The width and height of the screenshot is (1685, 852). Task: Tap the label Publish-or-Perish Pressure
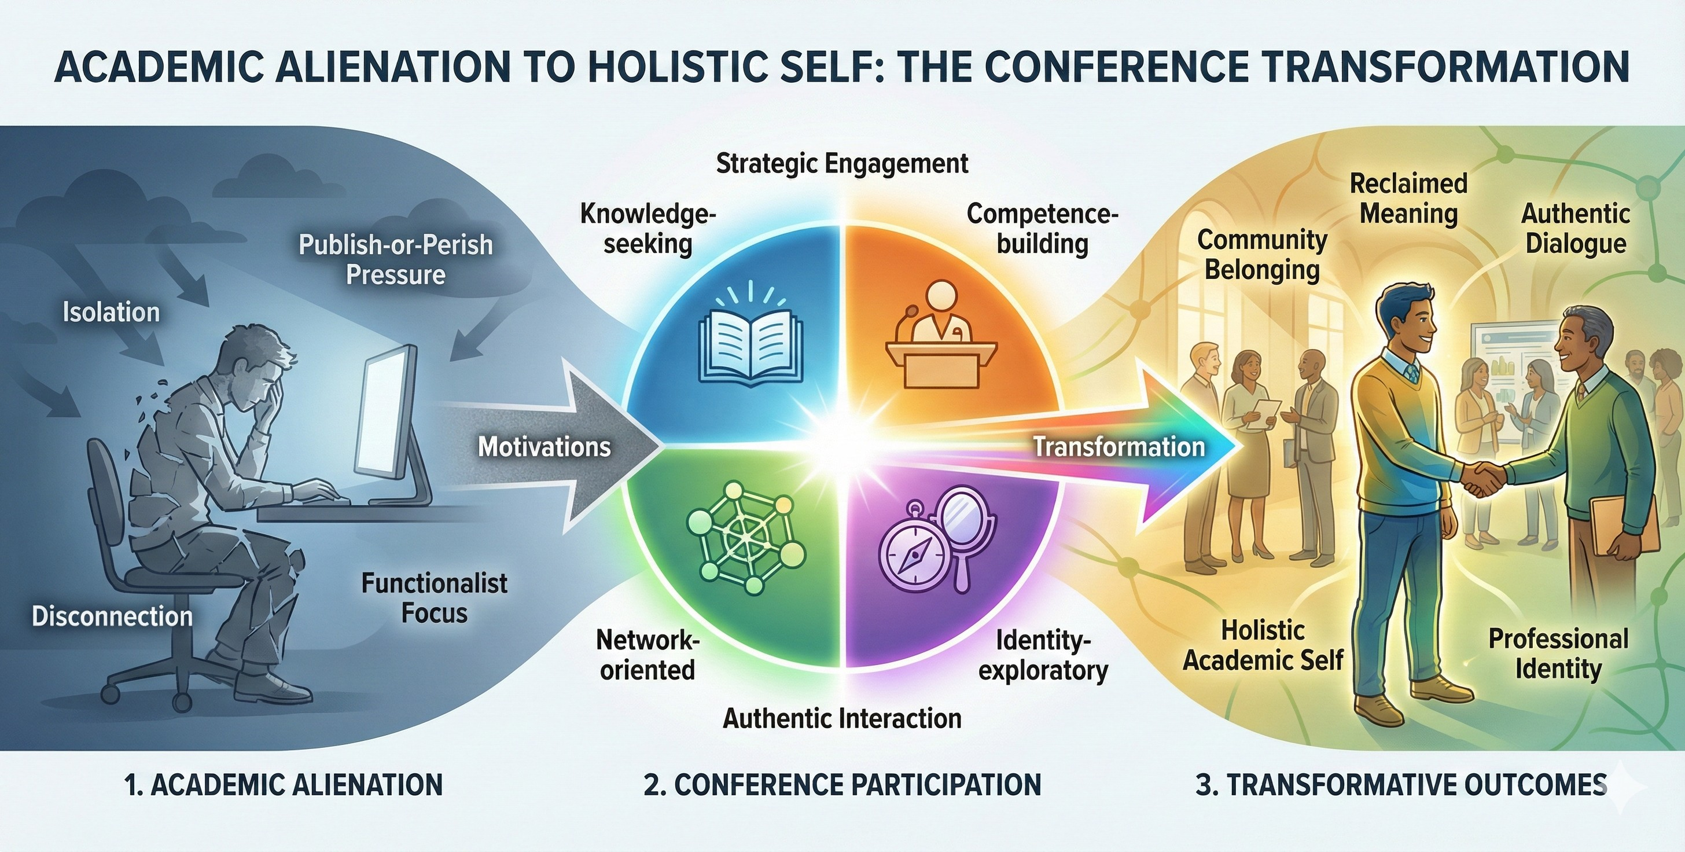click(x=396, y=260)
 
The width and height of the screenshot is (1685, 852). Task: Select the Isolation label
click(x=111, y=312)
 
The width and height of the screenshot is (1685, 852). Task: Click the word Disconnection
click(x=112, y=616)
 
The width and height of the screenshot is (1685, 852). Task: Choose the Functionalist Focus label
click(x=435, y=598)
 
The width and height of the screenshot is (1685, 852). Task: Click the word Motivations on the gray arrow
click(x=545, y=447)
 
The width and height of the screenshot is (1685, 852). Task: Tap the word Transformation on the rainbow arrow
click(x=1119, y=447)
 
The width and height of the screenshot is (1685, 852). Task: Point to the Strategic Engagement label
click(x=843, y=164)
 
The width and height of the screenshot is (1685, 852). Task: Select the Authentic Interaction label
click(x=843, y=718)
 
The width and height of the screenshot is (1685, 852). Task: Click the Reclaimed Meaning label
click(x=1409, y=199)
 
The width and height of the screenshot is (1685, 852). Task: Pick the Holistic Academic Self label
click(x=1263, y=645)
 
